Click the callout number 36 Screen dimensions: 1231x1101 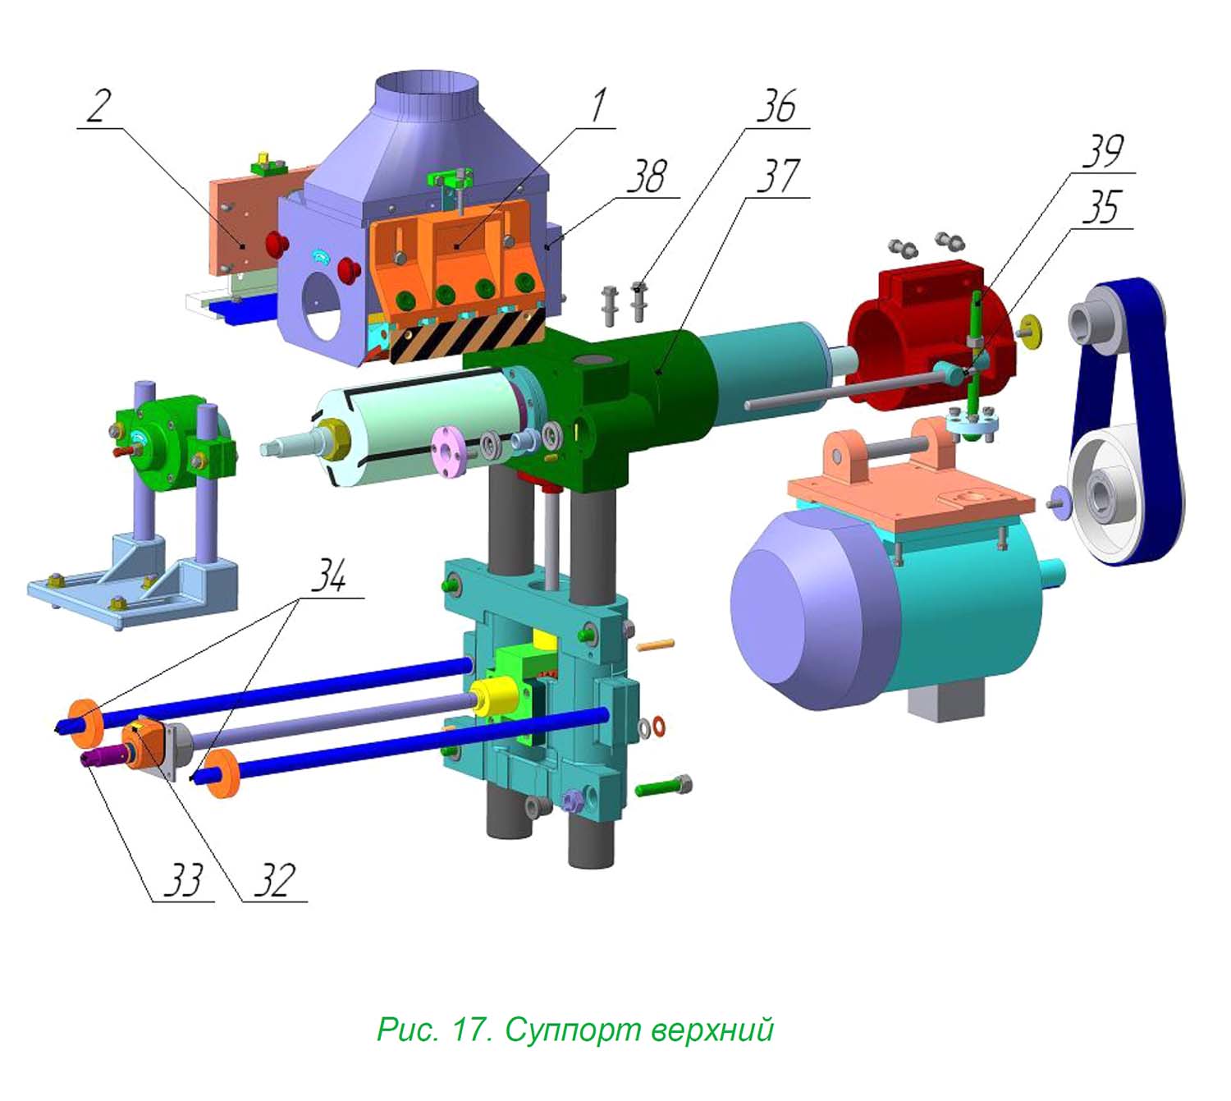776,106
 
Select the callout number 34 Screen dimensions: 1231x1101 329,575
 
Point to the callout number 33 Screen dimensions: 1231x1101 183,879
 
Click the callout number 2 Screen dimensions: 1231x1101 99,106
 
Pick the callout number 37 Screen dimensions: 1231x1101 778,177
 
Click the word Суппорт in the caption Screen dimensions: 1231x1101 573,1030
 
